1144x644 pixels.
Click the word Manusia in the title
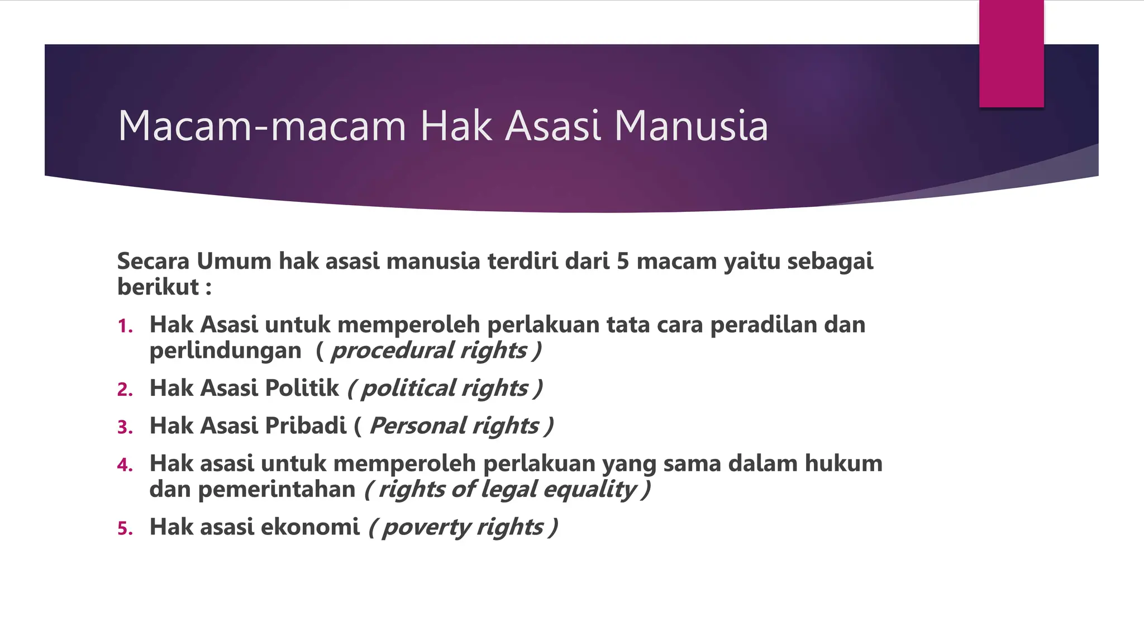(691, 126)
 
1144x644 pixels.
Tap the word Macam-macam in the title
(261, 126)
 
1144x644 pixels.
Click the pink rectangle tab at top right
(1011, 54)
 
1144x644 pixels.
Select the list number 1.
(125, 326)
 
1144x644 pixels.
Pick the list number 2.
(125, 390)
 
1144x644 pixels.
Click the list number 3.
(125, 428)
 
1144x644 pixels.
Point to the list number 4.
(125, 465)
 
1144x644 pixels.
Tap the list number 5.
(125, 529)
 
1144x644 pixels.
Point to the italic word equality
(589, 490)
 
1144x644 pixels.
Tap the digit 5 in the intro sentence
(623, 262)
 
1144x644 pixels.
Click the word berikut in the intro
(158, 287)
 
